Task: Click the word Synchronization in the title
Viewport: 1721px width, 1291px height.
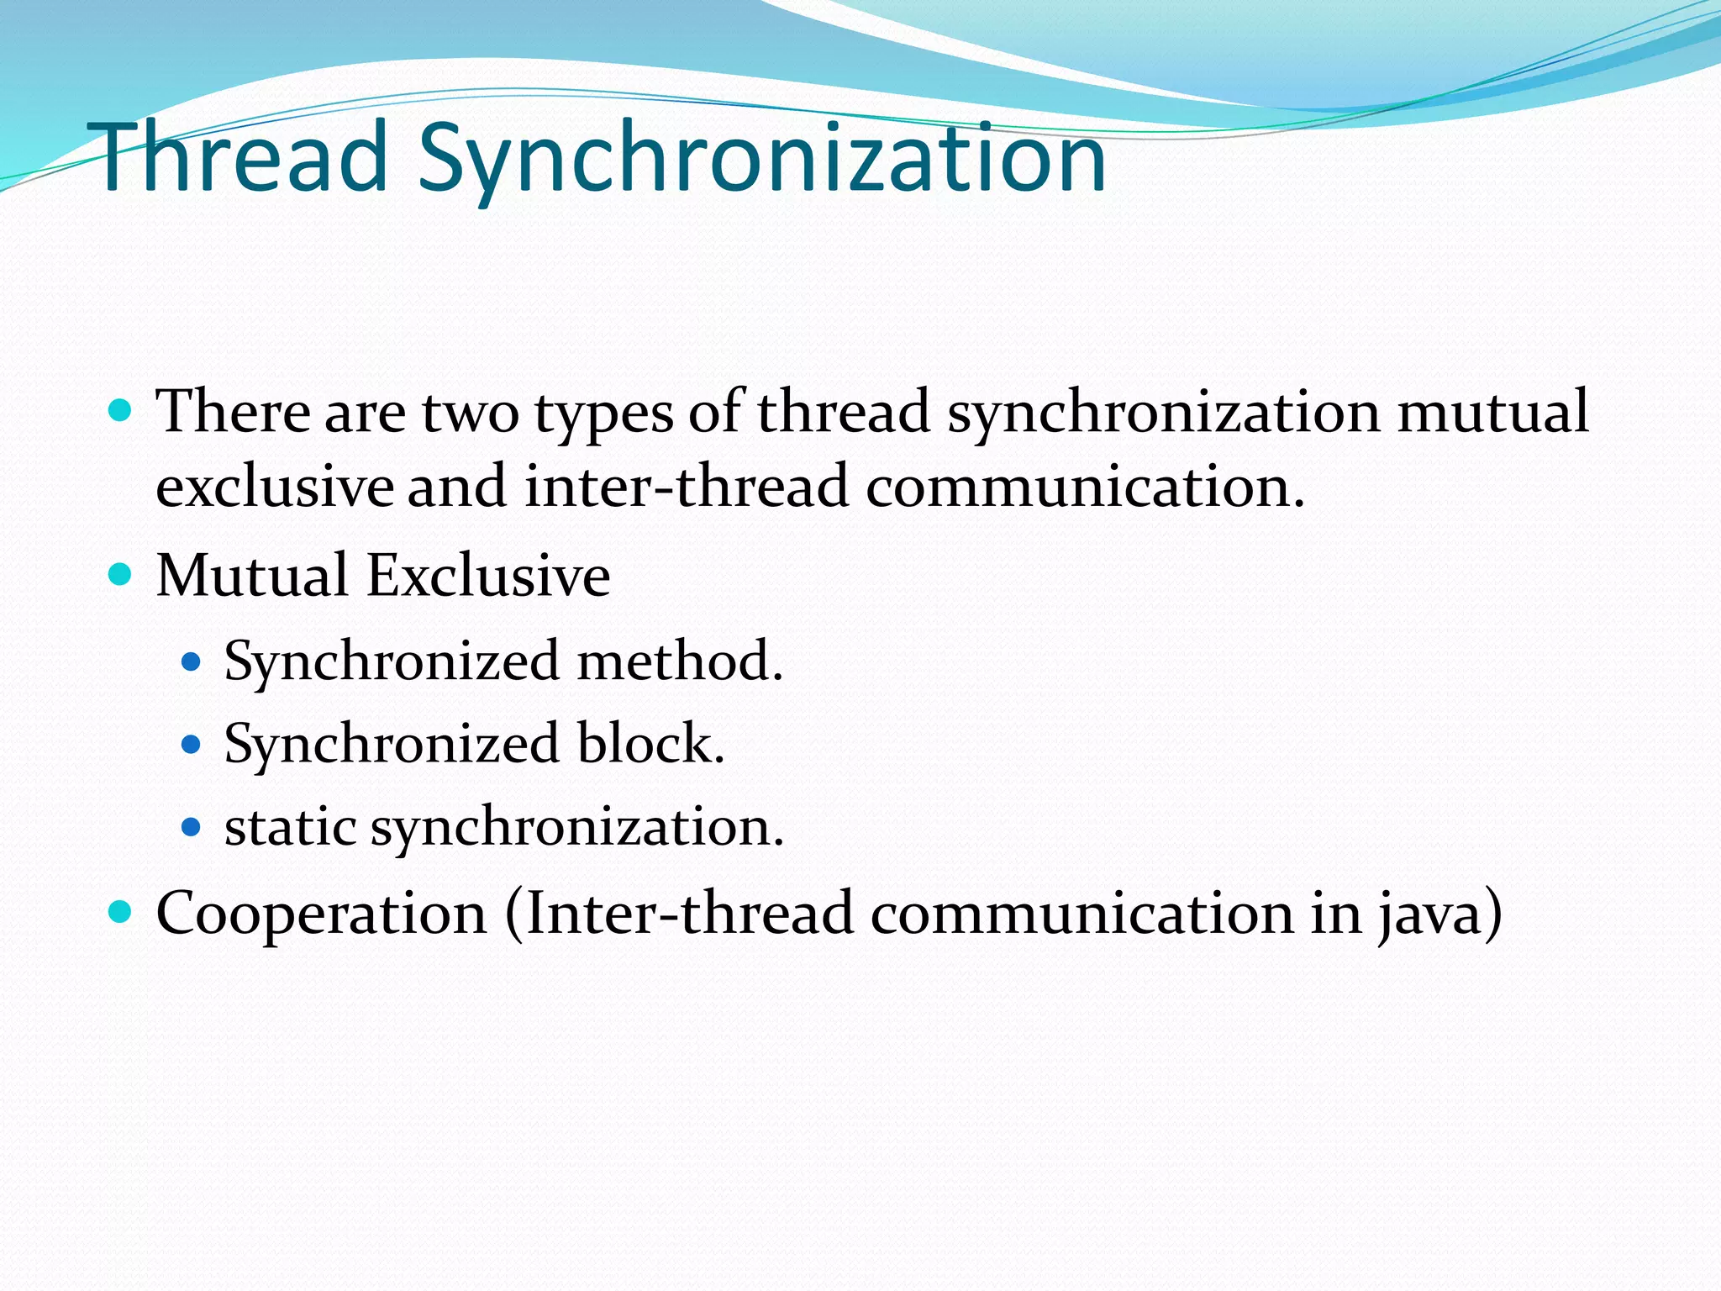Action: click(761, 160)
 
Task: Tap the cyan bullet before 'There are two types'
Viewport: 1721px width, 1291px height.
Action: click(121, 411)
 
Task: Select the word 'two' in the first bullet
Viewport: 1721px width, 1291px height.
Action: click(470, 413)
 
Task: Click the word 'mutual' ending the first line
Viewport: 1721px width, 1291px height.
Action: click(1492, 412)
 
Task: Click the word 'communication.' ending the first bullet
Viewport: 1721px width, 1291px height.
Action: click(1085, 487)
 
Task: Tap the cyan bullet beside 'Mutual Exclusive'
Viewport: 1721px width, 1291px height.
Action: click(121, 575)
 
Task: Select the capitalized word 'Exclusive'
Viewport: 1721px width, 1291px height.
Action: click(488, 576)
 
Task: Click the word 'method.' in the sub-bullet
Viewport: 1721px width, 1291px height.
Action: click(680, 661)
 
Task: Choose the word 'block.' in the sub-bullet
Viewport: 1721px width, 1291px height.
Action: click(650, 743)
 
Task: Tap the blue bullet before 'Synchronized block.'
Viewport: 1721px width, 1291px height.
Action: click(192, 744)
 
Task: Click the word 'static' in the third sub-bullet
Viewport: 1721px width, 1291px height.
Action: click(290, 826)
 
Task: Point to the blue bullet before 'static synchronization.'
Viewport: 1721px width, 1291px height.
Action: click(192, 827)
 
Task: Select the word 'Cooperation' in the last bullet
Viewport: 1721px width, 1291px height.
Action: click(321, 914)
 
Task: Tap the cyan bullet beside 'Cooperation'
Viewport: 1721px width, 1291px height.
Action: click(121, 912)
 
